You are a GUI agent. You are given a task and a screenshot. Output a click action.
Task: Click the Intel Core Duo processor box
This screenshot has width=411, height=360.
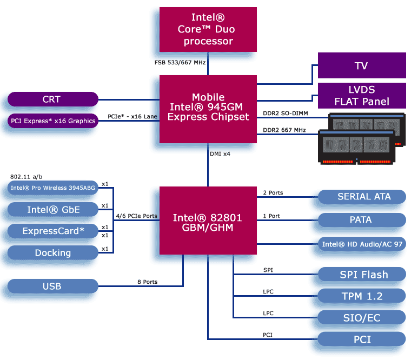coord(208,30)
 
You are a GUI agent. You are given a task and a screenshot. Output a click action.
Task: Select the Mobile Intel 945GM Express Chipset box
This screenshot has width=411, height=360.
coord(208,109)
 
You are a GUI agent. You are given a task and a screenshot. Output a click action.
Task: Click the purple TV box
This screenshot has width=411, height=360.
coord(361,65)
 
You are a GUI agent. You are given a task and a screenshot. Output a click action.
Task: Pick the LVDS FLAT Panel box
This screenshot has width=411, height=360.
coord(361,96)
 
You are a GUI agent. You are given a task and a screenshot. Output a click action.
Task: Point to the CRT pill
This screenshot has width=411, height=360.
coord(52,99)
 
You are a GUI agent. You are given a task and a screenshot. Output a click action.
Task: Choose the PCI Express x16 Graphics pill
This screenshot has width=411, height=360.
coord(52,121)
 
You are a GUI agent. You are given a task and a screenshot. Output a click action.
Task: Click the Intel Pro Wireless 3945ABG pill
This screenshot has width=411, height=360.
coord(52,188)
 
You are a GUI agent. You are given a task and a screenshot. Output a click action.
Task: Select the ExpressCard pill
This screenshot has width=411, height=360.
coord(52,231)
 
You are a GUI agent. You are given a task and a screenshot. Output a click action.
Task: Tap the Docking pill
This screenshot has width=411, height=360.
coord(52,252)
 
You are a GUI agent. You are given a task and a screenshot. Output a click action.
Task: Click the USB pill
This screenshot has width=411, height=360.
coord(52,286)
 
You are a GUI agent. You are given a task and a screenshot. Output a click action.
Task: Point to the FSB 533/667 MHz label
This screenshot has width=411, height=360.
coord(180,63)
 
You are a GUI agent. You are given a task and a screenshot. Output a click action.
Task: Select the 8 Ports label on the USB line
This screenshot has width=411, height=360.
coord(147,282)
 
